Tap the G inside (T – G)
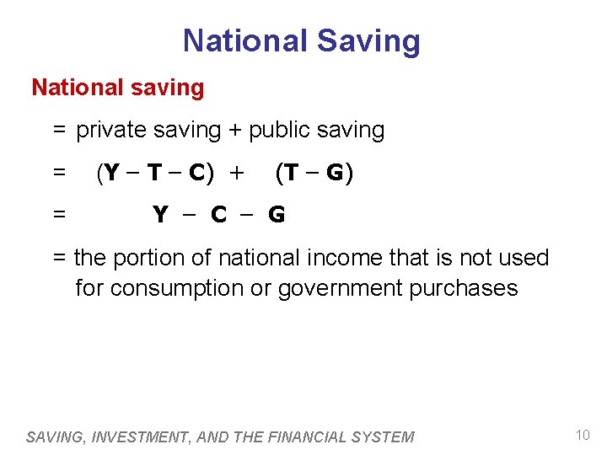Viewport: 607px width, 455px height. coord(335,173)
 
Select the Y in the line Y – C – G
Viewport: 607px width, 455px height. coord(160,215)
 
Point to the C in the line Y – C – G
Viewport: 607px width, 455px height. coord(218,215)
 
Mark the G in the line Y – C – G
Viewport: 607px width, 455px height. coord(276,215)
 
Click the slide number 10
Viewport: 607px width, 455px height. coord(583,435)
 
